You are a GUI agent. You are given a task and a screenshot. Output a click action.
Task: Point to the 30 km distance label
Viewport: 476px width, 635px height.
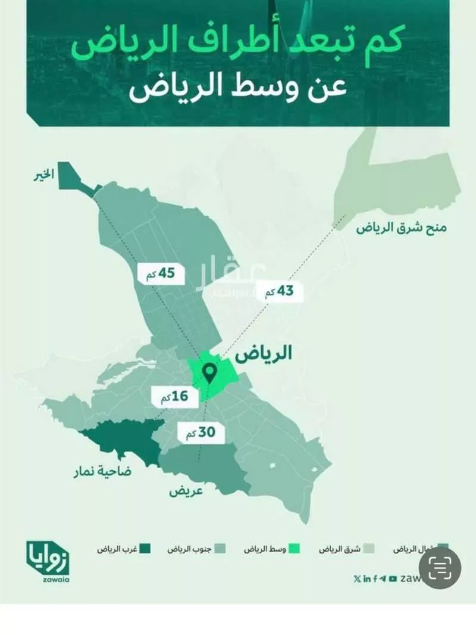point(201,433)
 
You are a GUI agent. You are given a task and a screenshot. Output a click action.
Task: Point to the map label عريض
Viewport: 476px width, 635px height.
point(186,491)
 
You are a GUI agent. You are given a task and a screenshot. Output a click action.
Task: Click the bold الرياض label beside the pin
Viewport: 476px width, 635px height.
point(264,355)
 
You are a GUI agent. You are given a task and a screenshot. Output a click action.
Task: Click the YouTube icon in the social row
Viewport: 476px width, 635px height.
point(393,578)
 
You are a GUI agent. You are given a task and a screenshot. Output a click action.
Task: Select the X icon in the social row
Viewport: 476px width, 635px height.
point(356,578)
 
